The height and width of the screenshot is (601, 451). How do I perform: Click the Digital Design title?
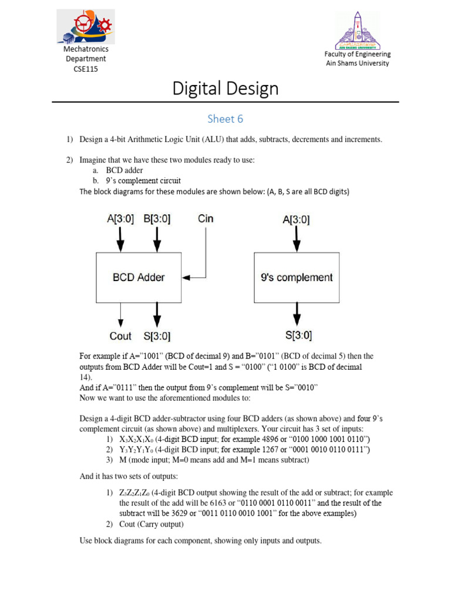225,89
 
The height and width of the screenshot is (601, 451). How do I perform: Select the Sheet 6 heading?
225,119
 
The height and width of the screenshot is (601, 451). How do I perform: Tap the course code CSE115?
86,69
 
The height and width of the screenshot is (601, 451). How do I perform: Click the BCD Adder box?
139,278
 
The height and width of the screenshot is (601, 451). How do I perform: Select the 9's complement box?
296,278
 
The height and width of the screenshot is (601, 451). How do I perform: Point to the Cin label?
206,219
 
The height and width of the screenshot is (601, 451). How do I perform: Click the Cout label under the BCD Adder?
120,336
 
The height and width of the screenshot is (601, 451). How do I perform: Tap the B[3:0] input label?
157,219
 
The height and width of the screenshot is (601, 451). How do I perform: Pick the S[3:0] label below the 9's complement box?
298,336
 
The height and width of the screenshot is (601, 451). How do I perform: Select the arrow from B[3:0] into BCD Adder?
157,239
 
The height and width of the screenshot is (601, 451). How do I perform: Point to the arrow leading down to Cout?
120,315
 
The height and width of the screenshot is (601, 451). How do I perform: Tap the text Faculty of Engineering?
358,54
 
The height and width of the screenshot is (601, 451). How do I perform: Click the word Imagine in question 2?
93,160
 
